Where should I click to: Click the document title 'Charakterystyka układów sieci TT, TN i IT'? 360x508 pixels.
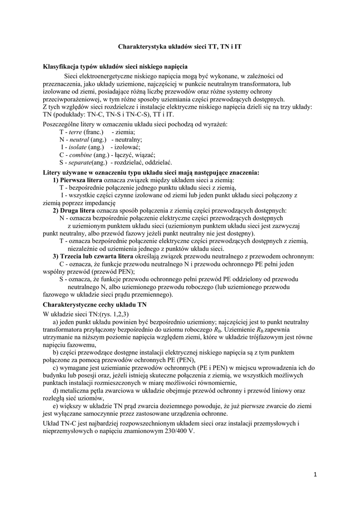click(180, 46)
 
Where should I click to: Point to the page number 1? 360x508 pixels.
click(315, 475)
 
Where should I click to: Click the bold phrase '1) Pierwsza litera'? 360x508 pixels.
click(77, 180)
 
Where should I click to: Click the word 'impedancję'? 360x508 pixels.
click(100, 202)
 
